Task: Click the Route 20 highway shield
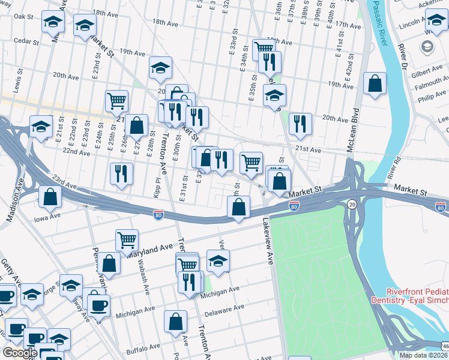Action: [x=351, y=205]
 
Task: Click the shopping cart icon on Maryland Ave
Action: [x=127, y=240]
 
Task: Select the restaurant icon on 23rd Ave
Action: [x=121, y=173]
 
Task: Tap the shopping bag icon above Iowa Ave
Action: [x=50, y=196]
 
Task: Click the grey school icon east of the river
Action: [x=427, y=46]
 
